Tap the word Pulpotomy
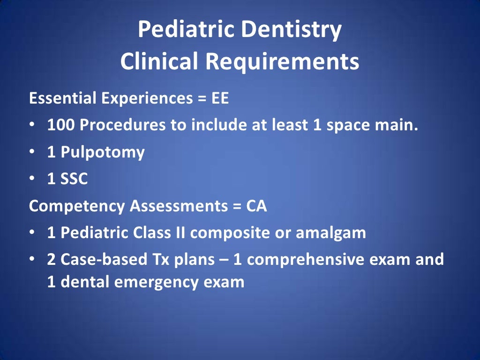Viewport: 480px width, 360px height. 103,153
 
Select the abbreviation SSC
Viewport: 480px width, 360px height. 75,180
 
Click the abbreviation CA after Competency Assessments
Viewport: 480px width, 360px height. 256,206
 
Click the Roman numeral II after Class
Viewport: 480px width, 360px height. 179,233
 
